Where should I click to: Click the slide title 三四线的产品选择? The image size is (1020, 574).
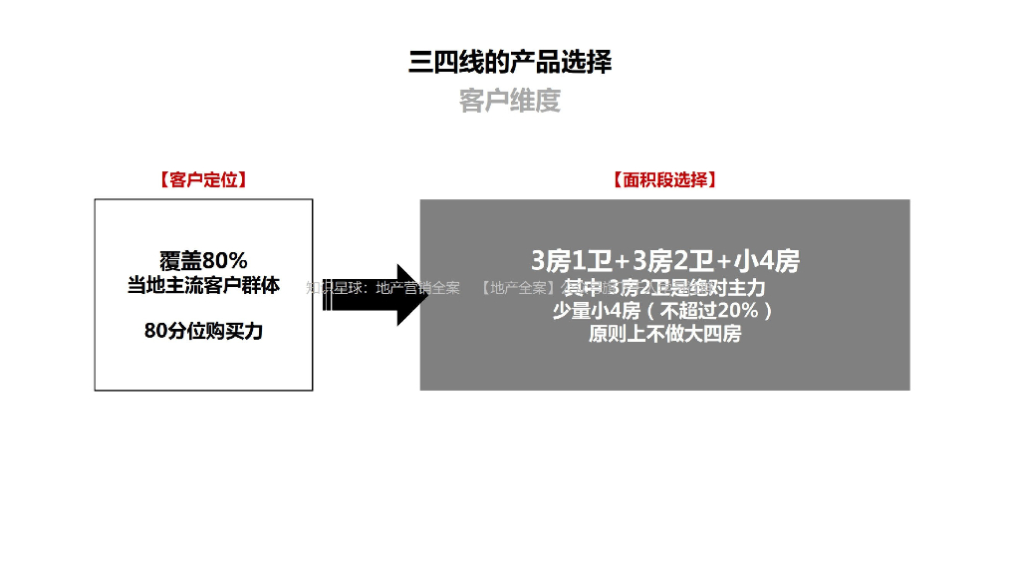[510, 62]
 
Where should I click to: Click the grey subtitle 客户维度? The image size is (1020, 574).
[510, 101]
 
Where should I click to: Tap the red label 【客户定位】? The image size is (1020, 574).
[203, 180]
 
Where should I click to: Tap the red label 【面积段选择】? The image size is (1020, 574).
[664, 180]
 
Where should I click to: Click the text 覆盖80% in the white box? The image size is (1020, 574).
[203, 261]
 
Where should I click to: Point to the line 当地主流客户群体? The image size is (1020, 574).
[203, 286]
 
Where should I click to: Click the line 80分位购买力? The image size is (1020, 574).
[203, 332]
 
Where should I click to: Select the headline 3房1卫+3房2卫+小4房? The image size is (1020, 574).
[664, 262]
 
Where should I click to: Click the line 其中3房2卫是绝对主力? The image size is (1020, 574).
[664, 289]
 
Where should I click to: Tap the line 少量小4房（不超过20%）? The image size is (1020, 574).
[664, 312]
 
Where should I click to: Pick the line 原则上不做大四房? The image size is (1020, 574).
[664, 335]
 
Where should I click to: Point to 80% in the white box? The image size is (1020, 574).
[225, 261]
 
